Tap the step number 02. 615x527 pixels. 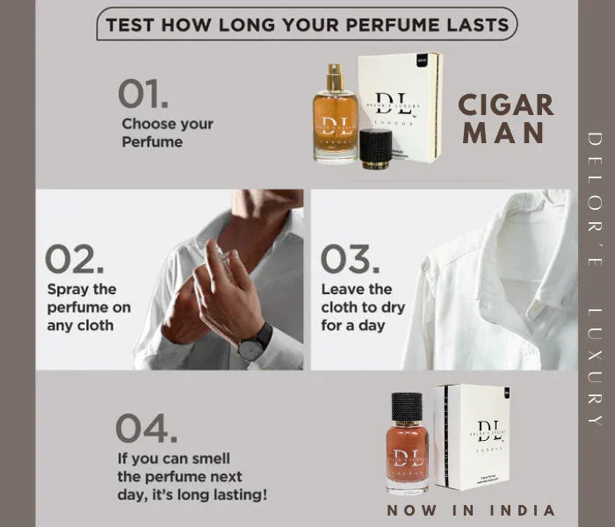75,259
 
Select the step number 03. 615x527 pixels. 349,259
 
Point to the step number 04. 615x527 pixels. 146,428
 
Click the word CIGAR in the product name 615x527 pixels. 506,105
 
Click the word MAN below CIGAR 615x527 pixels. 506,134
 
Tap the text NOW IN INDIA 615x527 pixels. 472,510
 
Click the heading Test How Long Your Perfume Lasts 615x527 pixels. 306,24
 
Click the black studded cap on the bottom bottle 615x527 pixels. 408,405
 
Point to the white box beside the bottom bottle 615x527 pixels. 472,437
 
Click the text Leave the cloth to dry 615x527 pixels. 362,307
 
